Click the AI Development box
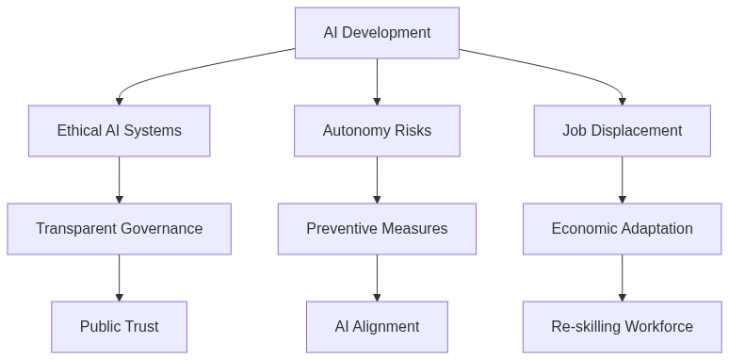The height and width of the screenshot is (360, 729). [377, 33]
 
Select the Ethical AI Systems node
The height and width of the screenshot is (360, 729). [119, 131]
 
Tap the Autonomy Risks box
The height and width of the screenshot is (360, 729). [377, 131]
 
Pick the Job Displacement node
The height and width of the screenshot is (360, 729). [622, 131]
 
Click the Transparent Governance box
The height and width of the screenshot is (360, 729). [119, 229]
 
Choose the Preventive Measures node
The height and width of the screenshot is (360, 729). [377, 229]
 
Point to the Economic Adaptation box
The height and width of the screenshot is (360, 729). [622, 229]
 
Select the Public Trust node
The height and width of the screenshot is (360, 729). [119, 327]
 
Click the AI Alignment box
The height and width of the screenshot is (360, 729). [377, 327]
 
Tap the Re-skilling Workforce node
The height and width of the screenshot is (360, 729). [622, 327]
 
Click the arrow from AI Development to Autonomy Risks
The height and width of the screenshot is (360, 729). [377, 81]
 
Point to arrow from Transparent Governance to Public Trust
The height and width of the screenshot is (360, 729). [119, 277]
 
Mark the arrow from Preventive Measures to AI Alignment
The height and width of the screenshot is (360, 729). [377, 277]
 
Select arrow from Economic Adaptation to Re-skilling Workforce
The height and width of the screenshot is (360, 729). [622, 277]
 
